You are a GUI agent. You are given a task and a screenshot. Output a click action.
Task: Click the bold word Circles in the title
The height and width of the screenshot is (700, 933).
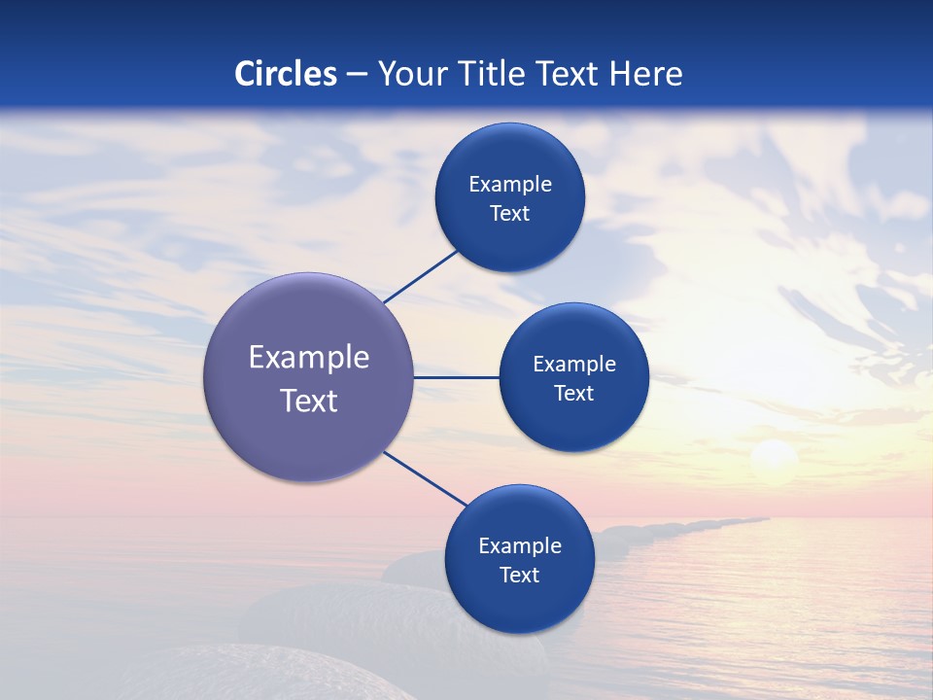click(x=286, y=74)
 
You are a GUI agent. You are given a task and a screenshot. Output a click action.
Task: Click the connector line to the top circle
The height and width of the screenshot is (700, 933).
click(x=421, y=276)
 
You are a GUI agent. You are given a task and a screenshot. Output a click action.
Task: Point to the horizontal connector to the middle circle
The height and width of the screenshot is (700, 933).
click(x=457, y=377)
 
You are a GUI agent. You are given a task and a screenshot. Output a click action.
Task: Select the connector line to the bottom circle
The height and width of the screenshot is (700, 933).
click(x=426, y=478)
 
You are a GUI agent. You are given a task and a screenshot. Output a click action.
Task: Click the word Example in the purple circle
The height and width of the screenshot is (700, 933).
click(x=309, y=358)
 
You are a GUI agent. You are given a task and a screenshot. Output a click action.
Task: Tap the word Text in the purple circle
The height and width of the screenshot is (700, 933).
click(x=309, y=401)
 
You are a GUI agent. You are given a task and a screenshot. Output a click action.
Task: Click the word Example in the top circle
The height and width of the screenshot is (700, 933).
click(x=509, y=185)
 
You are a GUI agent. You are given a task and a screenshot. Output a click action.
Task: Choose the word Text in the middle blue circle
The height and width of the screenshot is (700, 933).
click(x=573, y=394)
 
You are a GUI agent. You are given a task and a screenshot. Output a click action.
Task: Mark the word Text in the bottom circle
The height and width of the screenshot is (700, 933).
click(x=519, y=576)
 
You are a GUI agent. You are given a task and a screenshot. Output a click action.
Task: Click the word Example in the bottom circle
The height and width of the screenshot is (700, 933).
click(x=519, y=546)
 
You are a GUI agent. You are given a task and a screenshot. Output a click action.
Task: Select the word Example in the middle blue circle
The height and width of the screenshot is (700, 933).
click(x=573, y=365)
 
